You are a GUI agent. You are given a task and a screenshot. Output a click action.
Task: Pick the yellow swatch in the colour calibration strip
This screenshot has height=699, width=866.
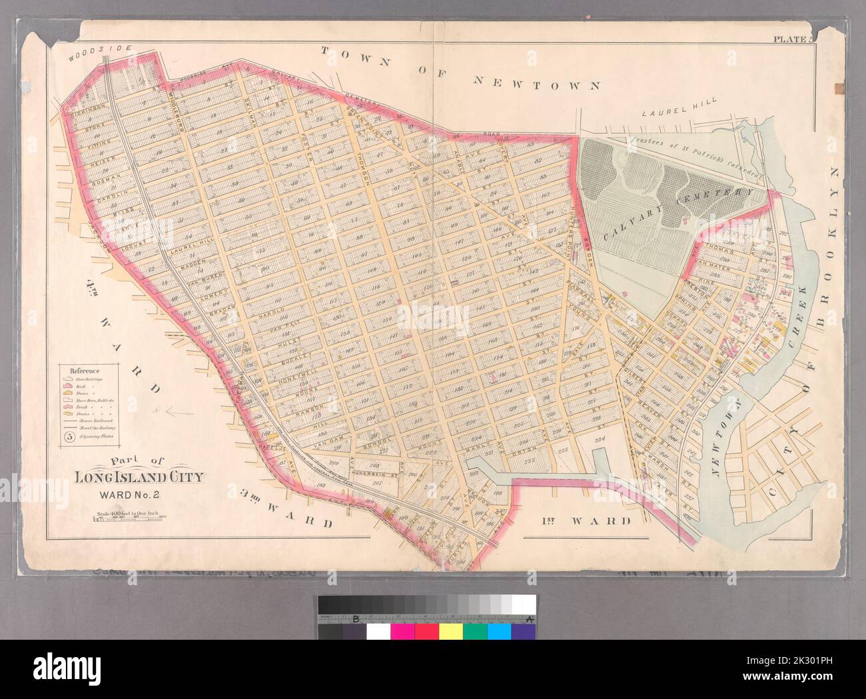450,630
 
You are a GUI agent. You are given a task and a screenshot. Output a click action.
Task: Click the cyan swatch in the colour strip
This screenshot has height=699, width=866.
498,630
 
